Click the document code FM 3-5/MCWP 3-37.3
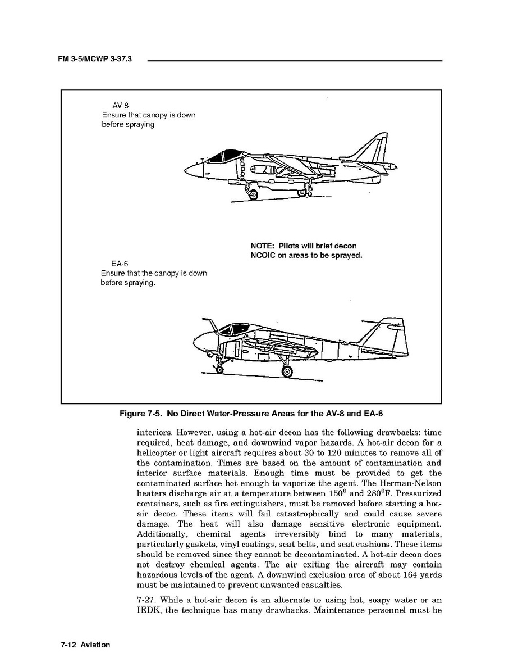[x=94, y=60]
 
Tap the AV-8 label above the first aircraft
[x=121, y=105]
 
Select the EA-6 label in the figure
[x=120, y=264]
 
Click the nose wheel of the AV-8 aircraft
[x=253, y=195]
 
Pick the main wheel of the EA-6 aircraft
[x=287, y=371]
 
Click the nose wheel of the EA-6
[x=218, y=368]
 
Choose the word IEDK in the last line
[x=149, y=610]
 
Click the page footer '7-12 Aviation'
[x=85, y=645]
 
